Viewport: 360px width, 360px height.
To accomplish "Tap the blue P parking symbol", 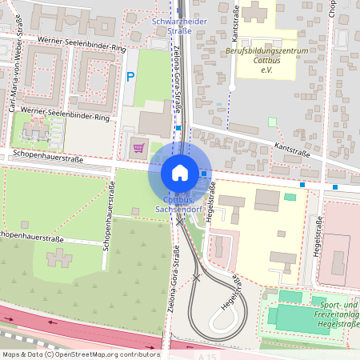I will tap(130, 78).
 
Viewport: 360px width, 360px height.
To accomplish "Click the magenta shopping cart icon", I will tap(138, 147).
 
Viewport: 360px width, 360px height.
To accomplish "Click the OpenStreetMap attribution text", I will tap(80, 354).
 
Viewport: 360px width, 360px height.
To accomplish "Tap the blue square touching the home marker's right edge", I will tap(206, 174).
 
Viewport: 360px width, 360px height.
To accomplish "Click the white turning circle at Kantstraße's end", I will tap(231, 87).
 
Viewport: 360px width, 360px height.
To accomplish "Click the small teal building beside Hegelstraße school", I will tap(290, 197).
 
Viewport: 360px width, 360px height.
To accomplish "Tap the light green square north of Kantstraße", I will tap(272, 122).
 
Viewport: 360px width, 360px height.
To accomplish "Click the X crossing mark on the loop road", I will tap(196, 278).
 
